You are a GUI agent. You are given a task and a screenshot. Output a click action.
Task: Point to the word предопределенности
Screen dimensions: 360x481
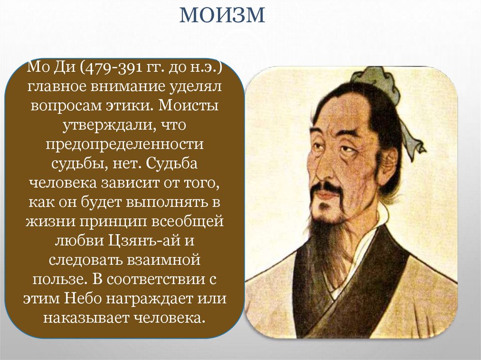[124, 144]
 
